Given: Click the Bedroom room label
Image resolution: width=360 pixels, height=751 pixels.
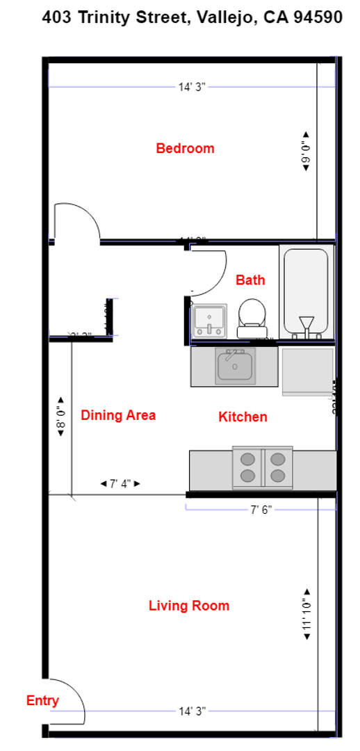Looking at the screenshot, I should click(x=185, y=148).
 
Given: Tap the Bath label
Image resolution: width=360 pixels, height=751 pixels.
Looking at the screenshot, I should click(x=250, y=280).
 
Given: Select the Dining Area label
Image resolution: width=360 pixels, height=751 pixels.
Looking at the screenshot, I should click(x=118, y=415).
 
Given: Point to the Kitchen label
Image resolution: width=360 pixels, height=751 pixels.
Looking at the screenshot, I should click(x=243, y=417).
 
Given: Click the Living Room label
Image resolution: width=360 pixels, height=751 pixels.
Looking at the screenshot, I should click(x=189, y=606).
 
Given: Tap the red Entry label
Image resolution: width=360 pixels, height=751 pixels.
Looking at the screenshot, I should click(x=42, y=700).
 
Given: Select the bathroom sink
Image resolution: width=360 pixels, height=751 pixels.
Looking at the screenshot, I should click(x=209, y=320).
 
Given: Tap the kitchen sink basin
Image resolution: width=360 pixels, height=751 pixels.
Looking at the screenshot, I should click(x=236, y=365).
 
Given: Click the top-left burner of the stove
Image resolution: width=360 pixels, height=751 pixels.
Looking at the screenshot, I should click(x=247, y=459).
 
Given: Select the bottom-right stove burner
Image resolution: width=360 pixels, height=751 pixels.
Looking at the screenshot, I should click(x=278, y=476).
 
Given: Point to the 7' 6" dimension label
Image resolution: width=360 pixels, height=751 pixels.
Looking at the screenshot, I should click(x=261, y=510).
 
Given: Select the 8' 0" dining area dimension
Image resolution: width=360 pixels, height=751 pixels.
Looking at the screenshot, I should click(x=60, y=416).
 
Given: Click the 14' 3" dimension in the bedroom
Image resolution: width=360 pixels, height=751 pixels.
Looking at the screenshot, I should click(x=192, y=87).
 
